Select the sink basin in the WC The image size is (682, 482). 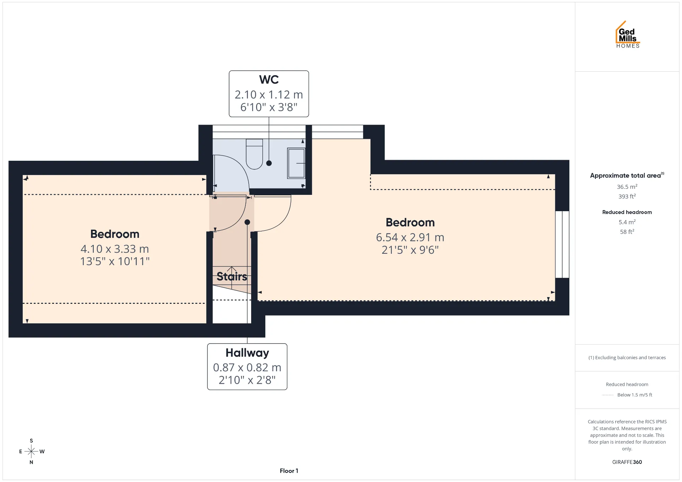[296, 163]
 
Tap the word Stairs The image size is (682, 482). [232, 276]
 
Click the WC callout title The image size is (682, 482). [269, 80]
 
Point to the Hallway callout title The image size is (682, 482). [247, 353]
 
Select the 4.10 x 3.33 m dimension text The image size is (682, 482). [115, 249]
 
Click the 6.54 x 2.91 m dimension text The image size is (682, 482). [410, 237]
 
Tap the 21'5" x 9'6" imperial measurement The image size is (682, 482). [410, 250]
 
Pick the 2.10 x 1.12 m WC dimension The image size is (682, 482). [269, 95]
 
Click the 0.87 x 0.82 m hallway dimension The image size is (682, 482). [247, 367]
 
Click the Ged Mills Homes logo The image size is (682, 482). [628, 34]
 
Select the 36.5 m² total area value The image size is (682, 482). [627, 187]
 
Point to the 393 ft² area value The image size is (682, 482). [627, 196]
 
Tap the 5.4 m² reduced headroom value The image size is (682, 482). [627, 222]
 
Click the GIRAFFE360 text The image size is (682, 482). [627, 462]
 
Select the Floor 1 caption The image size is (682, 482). [289, 471]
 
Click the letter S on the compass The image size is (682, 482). [31, 441]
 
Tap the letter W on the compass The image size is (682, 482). [42, 451]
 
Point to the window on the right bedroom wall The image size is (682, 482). [562, 245]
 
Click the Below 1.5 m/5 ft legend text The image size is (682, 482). [635, 395]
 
